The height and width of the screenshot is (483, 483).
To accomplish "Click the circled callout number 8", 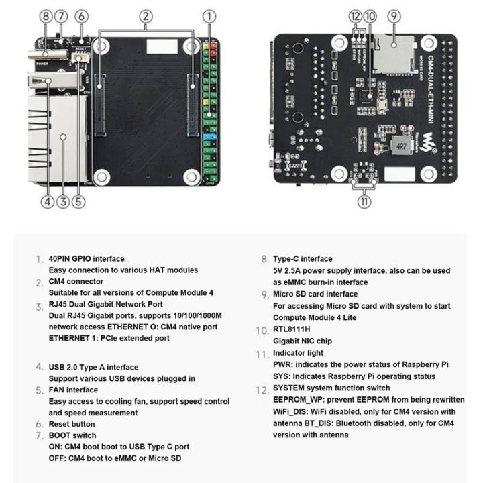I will point(46,16).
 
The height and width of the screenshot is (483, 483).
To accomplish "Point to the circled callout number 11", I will point(364,200).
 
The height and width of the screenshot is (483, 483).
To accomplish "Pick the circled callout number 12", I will point(355,16).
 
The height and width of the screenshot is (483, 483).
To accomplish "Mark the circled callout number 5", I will point(79,200).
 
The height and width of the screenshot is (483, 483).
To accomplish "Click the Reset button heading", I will point(72,424).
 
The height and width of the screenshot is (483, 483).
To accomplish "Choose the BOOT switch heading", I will point(72,435).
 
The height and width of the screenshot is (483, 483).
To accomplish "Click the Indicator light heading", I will point(298,353).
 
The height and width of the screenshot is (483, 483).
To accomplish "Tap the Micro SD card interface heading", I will point(315,294).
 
